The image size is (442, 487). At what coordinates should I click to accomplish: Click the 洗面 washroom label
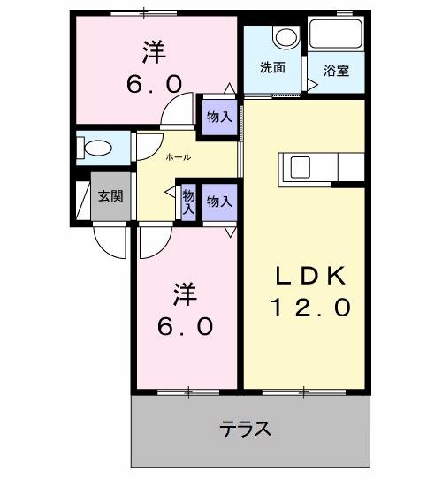pyautogui.click(x=271, y=67)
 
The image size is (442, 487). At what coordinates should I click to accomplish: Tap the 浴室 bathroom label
pyautogui.click(x=336, y=70)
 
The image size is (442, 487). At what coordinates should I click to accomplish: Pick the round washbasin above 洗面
pyautogui.click(x=285, y=37)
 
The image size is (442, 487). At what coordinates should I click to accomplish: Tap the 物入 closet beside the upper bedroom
pyautogui.click(x=219, y=116)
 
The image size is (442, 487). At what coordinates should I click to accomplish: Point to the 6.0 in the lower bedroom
pyautogui.click(x=186, y=326)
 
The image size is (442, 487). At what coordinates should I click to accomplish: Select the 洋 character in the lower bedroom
pyautogui.click(x=184, y=293)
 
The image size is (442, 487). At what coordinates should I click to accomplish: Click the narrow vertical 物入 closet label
pyautogui.click(x=187, y=203)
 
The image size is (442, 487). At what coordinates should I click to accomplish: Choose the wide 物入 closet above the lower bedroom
pyautogui.click(x=219, y=202)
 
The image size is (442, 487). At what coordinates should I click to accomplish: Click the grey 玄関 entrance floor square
pyautogui.click(x=111, y=198)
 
